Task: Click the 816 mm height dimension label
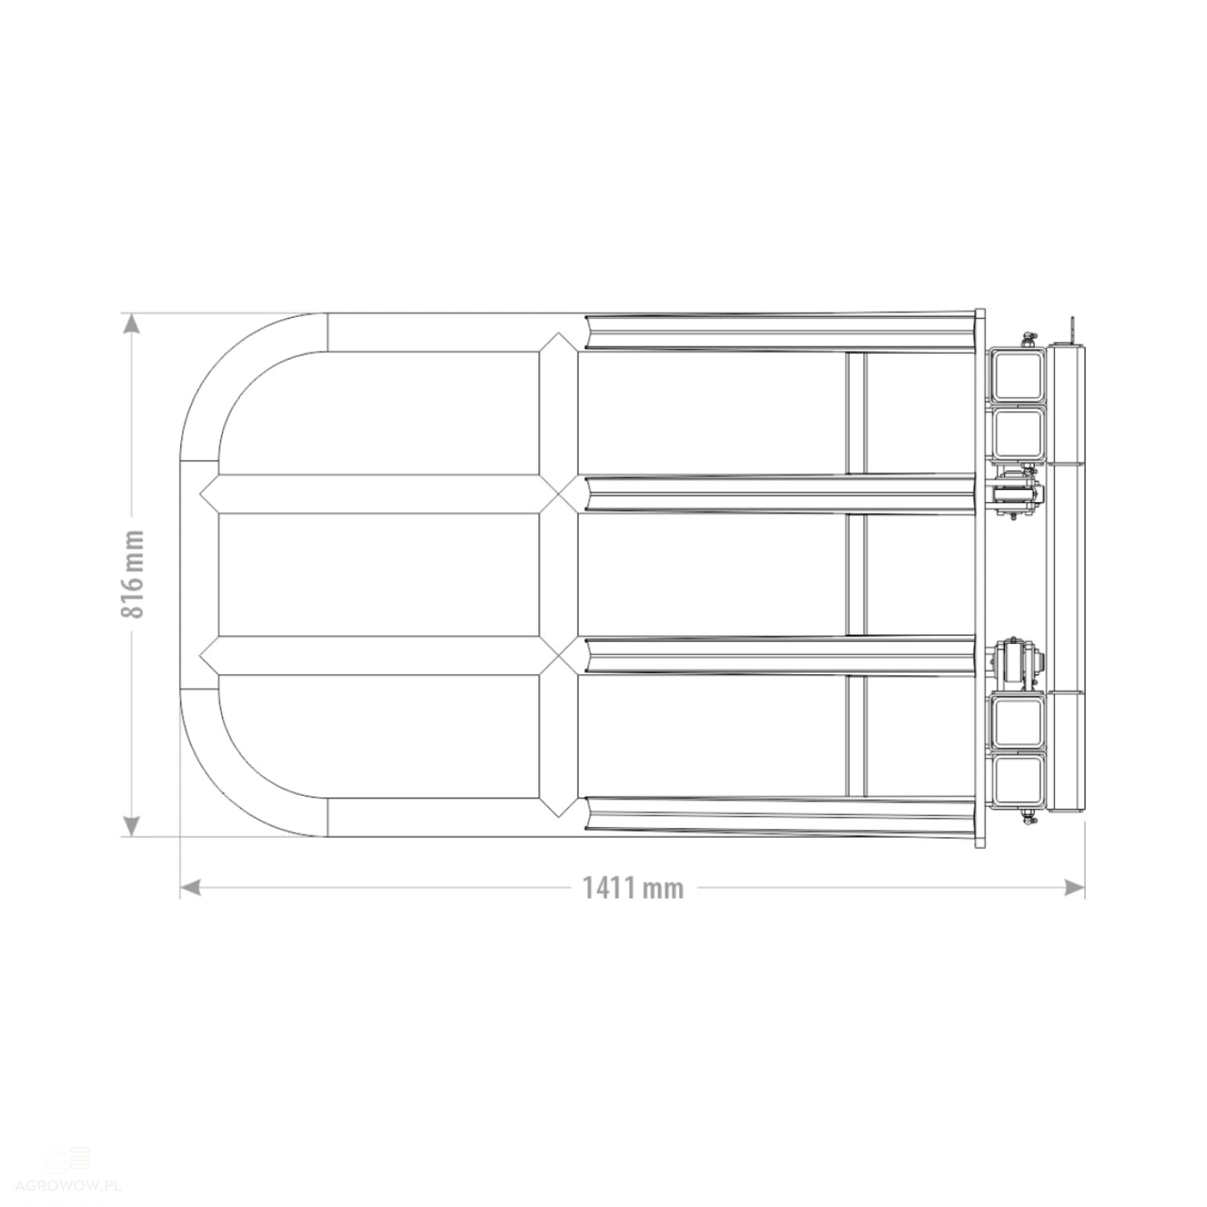(x=133, y=575)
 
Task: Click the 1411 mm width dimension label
(x=633, y=888)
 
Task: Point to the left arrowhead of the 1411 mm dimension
(x=189, y=888)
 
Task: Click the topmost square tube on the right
(x=1017, y=374)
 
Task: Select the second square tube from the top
(x=1017, y=432)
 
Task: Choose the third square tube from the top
(x=1017, y=721)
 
